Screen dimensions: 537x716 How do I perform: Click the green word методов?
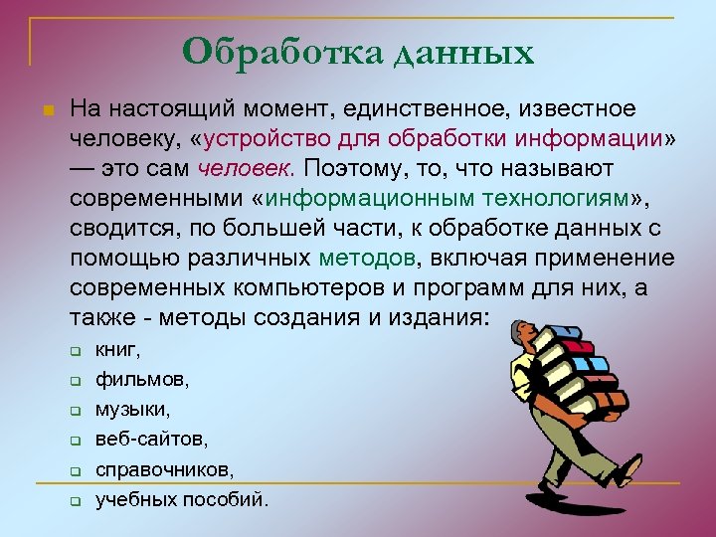pos(369,259)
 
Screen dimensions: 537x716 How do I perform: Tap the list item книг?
pos(118,349)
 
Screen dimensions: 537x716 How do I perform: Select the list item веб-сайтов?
pos(152,439)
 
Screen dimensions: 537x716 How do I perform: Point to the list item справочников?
pos(165,468)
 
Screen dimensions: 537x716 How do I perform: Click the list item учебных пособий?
pos(182,499)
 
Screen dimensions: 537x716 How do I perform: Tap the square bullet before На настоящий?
pos(48,105)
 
